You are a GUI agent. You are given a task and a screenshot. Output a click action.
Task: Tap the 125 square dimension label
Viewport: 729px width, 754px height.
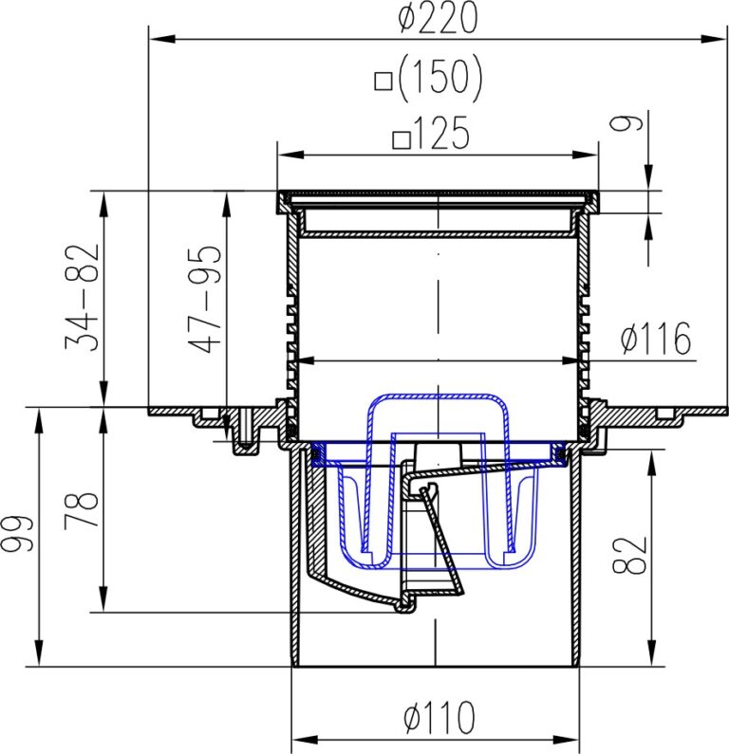point(442,136)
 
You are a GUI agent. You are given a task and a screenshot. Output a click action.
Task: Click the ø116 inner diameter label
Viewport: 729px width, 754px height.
point(656,339)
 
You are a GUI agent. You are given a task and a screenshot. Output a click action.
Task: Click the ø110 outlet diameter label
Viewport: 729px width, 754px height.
point(438,719)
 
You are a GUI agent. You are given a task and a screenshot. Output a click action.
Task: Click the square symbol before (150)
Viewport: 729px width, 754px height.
point(384,83)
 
